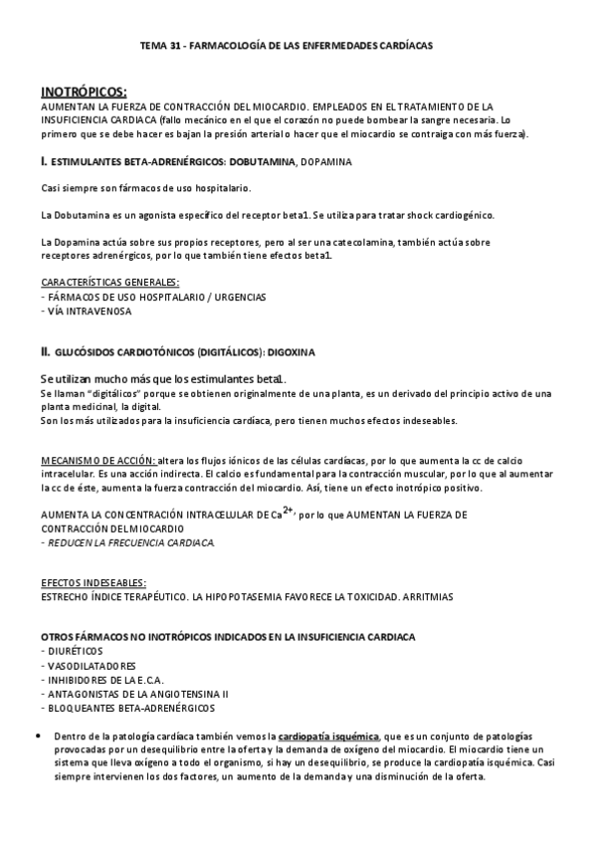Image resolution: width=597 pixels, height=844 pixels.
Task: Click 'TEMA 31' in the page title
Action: pyautogui.click(x=156, y=46)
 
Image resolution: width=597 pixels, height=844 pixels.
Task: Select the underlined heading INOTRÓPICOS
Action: pyautogui.click(x=84, y=93)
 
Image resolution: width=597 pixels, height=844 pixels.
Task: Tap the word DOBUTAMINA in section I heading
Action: pyautogui.click(x=257, y=160)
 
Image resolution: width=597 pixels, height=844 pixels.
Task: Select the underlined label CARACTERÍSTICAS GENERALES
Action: pyautogui.click(x=109, y=282)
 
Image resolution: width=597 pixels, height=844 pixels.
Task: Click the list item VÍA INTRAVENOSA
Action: pyautogui.click(x=89, y=310)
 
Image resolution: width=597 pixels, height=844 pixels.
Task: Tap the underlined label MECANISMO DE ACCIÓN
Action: pyautogui.click(x=98, y=460)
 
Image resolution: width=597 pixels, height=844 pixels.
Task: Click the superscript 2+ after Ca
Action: pyautogui.click(x=288, y=510)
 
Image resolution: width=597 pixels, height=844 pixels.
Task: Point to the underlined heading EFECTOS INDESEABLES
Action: pyautogui.click(x=94, y=582)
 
